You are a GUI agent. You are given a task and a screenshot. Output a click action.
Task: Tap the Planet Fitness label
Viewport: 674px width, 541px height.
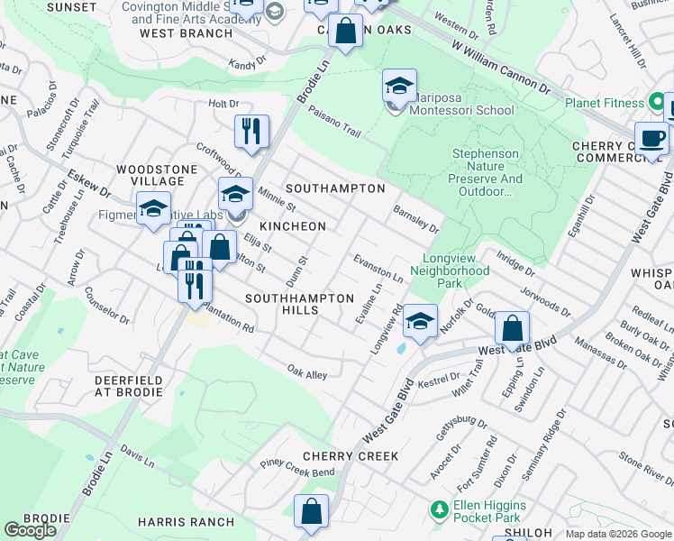606,103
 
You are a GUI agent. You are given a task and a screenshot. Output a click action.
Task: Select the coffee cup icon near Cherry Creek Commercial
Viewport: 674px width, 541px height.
651,139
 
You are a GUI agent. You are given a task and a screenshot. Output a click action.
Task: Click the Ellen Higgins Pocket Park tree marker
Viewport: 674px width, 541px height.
439,510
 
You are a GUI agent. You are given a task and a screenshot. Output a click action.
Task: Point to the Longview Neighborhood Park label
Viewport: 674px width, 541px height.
450,277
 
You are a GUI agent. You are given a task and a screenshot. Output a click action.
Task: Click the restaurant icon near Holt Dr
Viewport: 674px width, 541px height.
252,131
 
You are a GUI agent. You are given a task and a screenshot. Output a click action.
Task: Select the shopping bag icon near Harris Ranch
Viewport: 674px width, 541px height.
312,511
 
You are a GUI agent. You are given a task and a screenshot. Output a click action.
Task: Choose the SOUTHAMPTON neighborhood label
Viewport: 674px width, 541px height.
335,188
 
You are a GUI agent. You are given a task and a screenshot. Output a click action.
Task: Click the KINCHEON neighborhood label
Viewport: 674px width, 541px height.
293,225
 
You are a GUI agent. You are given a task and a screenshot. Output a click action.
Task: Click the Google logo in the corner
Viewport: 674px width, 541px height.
30,530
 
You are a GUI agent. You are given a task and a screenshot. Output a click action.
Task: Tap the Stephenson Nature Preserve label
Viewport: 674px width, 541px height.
486,166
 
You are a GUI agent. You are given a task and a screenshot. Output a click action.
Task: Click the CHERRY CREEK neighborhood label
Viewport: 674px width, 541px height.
351,456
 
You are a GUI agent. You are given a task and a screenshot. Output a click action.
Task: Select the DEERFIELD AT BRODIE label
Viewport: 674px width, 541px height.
129,388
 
